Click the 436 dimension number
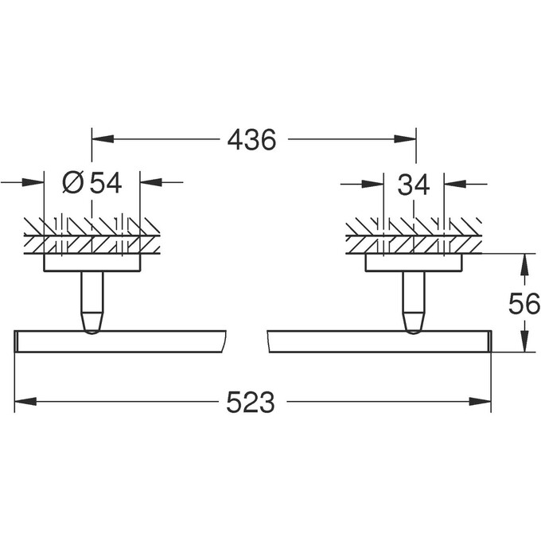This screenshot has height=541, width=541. [252, 140]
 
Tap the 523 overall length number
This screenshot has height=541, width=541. [251, 403]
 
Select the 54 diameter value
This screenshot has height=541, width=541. [106, 183]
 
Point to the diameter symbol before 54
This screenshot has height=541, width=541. [73, 183]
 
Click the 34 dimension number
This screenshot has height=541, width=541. [414, 185]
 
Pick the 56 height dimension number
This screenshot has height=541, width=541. [524, 303]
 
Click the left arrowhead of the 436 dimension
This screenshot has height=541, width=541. [103, 138]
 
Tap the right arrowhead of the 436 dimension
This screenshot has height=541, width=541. [406, 138]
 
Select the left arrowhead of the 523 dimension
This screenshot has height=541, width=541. [25, 401]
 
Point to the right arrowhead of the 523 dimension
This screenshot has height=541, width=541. [480, 401]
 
